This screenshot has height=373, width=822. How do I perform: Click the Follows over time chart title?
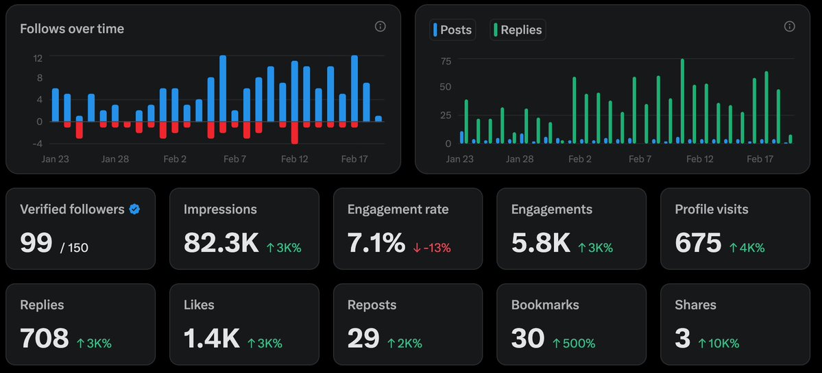click(72, 29)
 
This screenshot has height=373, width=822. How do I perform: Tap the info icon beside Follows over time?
click(380, 27)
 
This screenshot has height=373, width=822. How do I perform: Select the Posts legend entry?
click(452, 30)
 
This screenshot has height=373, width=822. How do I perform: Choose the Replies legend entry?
click(518, 30)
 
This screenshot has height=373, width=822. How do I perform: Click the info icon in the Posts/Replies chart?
click(789, 27)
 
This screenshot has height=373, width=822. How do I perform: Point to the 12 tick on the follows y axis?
click(38, 58)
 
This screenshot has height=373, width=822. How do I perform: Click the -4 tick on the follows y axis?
click(38, 143)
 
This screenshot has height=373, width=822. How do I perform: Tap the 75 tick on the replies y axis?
click(446, 61)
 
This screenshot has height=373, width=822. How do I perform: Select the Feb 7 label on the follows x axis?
click(234, 159)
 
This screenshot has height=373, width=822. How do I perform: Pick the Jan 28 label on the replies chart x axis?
click(520, 159)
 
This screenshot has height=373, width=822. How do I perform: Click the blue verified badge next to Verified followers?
click(135, 209)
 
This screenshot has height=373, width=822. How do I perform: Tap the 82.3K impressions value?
click(221, 243)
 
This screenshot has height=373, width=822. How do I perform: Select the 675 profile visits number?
click(698, 243)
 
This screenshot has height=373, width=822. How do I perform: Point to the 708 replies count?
click(45, 338)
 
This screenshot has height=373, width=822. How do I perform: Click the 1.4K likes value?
click(211, 338)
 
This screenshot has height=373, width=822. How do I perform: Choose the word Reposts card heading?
click(371, 305)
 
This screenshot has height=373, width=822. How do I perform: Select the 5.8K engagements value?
click(540, 243)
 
